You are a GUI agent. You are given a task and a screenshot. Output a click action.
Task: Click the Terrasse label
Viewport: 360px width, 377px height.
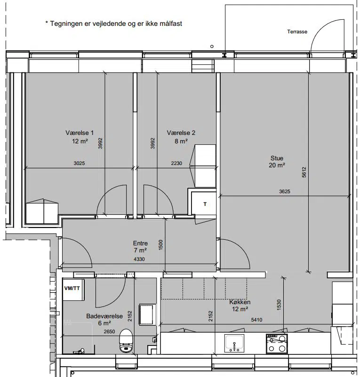pyautogui.click(x=297, y=31)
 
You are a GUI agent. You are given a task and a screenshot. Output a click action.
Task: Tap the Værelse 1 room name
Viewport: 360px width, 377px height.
pyautogui.click(x=80, y=133)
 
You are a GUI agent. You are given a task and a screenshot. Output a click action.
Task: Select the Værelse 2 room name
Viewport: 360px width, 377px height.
pyautogui.click(x=181, y=133)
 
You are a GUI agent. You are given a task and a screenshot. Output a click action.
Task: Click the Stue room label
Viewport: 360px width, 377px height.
pyautogui.click(x=277, y=158)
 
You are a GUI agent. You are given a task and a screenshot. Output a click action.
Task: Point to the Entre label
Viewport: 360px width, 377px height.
pyautogui.click(x=140, y=243)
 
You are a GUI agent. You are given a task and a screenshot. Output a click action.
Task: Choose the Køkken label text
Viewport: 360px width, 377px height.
pyautogui.click(x=240, y=302)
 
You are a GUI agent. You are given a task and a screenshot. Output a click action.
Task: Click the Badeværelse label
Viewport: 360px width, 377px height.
pyautogui.click(x=104, y=316)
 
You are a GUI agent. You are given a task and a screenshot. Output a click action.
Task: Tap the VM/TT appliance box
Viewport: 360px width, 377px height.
pyautogui.click(x=73, y=290)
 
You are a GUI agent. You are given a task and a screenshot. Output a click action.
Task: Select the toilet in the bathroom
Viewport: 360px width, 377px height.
pyautogui.click(x=126, y=341)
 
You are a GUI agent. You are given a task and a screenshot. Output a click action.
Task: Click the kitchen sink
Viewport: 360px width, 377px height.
pyautogui.click(x=234, y=343)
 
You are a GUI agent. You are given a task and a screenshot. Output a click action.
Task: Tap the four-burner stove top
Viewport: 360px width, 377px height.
pyautogui.click(x=277, y=344)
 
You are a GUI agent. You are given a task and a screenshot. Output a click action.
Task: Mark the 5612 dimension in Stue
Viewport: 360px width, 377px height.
pyautogui.click(x=304, y=172)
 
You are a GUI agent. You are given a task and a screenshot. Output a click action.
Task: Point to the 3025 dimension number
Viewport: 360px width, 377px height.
pyautogui.click(x=79, y=163)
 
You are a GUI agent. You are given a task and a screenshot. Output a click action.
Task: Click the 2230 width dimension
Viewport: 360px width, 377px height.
pyautogui.click(x=176, y=163)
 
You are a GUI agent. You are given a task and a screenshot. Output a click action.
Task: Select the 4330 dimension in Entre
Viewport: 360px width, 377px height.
pyautogui.click(x=139, y=259)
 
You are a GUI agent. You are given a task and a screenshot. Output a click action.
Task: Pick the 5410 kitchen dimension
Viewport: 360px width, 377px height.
pyautogui.click(x=256, y=320)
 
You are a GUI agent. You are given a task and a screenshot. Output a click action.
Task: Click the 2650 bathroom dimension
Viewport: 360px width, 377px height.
pyautogui.click(x=109, y=331)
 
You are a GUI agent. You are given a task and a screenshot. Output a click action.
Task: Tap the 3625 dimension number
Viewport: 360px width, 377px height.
pyautogui.click(x=285, y=192)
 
